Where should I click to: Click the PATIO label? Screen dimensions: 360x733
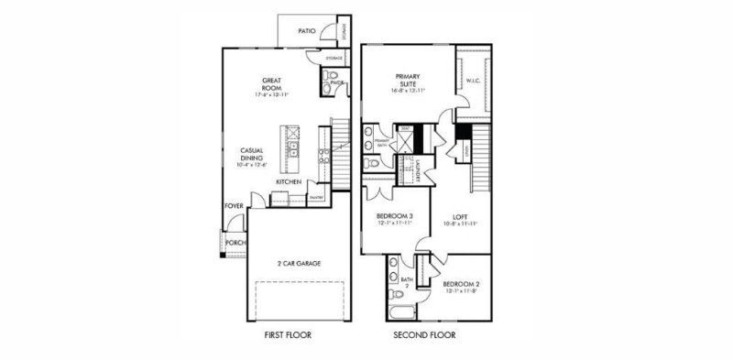click(307, 31)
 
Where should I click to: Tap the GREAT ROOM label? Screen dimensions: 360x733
click(270, 82)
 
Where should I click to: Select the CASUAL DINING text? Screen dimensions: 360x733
click(252, 155)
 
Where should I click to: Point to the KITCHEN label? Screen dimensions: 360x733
click(290, 182)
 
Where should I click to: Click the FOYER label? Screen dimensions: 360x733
click(234, 206)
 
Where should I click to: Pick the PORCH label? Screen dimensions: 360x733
click(235, 243)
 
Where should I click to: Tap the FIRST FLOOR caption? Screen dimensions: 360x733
click(286, 335)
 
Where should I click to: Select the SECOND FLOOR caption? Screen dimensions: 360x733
click(424, 335)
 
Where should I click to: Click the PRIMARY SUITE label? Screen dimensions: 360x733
click(408, 81)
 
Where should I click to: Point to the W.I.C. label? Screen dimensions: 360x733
click(474, 81)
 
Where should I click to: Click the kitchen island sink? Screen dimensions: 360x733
click(294, 149)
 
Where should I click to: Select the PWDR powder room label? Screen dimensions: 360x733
click(336, 82)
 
